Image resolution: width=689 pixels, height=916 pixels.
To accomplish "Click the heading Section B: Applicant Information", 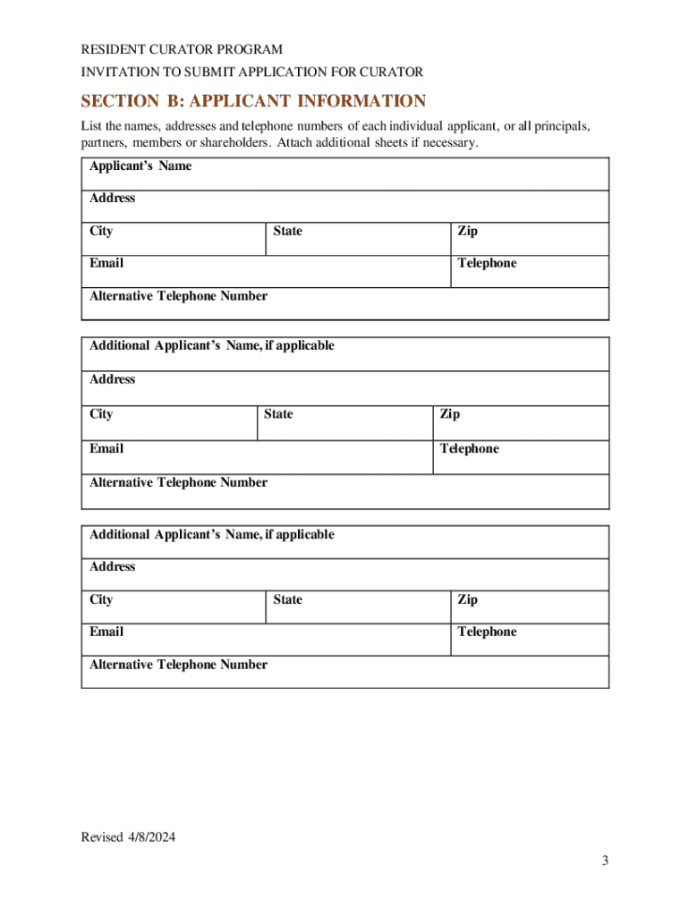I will coord(253,101).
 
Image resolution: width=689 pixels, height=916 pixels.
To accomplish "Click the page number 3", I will coord(605,861).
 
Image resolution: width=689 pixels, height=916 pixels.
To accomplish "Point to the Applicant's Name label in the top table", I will coord(140,166).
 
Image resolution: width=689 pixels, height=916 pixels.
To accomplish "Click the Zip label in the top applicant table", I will coord(467,231).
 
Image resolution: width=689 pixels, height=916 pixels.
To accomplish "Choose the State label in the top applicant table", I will coord(287,231).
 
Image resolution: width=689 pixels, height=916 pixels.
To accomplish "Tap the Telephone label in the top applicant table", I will coord(487,263).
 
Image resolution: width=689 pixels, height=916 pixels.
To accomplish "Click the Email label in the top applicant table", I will coord(106,263).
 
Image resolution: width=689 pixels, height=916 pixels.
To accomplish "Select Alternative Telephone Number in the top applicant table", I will coord(178,296).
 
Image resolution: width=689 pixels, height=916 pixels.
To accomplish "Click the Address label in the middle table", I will coord(113,379).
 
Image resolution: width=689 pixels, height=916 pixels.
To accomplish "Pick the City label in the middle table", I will coord(101,414).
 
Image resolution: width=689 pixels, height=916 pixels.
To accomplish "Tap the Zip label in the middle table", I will coord(449,414).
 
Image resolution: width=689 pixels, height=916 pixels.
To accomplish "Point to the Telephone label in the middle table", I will coord(469,448).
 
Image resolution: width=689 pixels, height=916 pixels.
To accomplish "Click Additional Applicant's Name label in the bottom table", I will coord(211,534).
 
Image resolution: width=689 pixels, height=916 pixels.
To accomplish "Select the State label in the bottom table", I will coord(287,599).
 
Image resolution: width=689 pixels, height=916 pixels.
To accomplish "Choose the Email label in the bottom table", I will coord(106,632).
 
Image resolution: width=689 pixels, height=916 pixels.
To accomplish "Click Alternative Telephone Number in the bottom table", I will coord(178,665).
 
